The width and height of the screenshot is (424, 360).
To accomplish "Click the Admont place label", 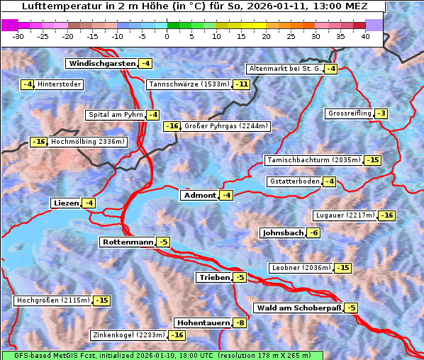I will pos(199,196).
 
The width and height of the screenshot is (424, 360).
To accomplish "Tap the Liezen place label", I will pos(65,203).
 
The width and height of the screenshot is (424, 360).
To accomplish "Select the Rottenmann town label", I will pos(127,242).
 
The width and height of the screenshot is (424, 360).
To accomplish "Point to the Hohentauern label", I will pos(203,323).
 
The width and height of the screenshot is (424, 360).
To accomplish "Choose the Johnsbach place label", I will pos(282,233).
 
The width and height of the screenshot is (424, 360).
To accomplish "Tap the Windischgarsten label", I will pos(101,64).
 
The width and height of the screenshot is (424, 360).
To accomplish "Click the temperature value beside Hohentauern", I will pos(241,323).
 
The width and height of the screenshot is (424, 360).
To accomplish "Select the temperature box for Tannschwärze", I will pos(242,85).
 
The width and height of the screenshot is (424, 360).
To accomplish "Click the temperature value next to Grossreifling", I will pos(381,113).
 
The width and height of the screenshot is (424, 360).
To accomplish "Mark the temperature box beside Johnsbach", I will pos(314,233).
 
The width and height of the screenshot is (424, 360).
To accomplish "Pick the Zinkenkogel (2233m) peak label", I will pos(128,335).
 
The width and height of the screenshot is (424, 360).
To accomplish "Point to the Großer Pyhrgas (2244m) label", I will pos(225,126).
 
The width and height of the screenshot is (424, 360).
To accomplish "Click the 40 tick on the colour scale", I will pos(365,36).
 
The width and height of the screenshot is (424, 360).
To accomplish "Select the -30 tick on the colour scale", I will pos(18,36).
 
